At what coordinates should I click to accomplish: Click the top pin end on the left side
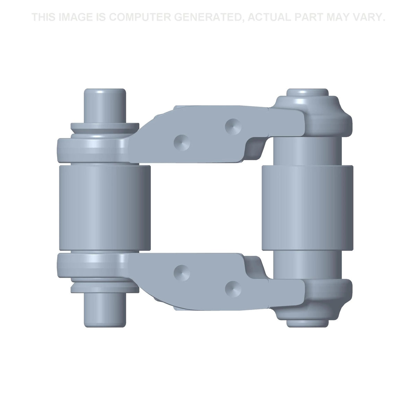105,106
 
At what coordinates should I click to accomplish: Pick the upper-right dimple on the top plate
233,127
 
